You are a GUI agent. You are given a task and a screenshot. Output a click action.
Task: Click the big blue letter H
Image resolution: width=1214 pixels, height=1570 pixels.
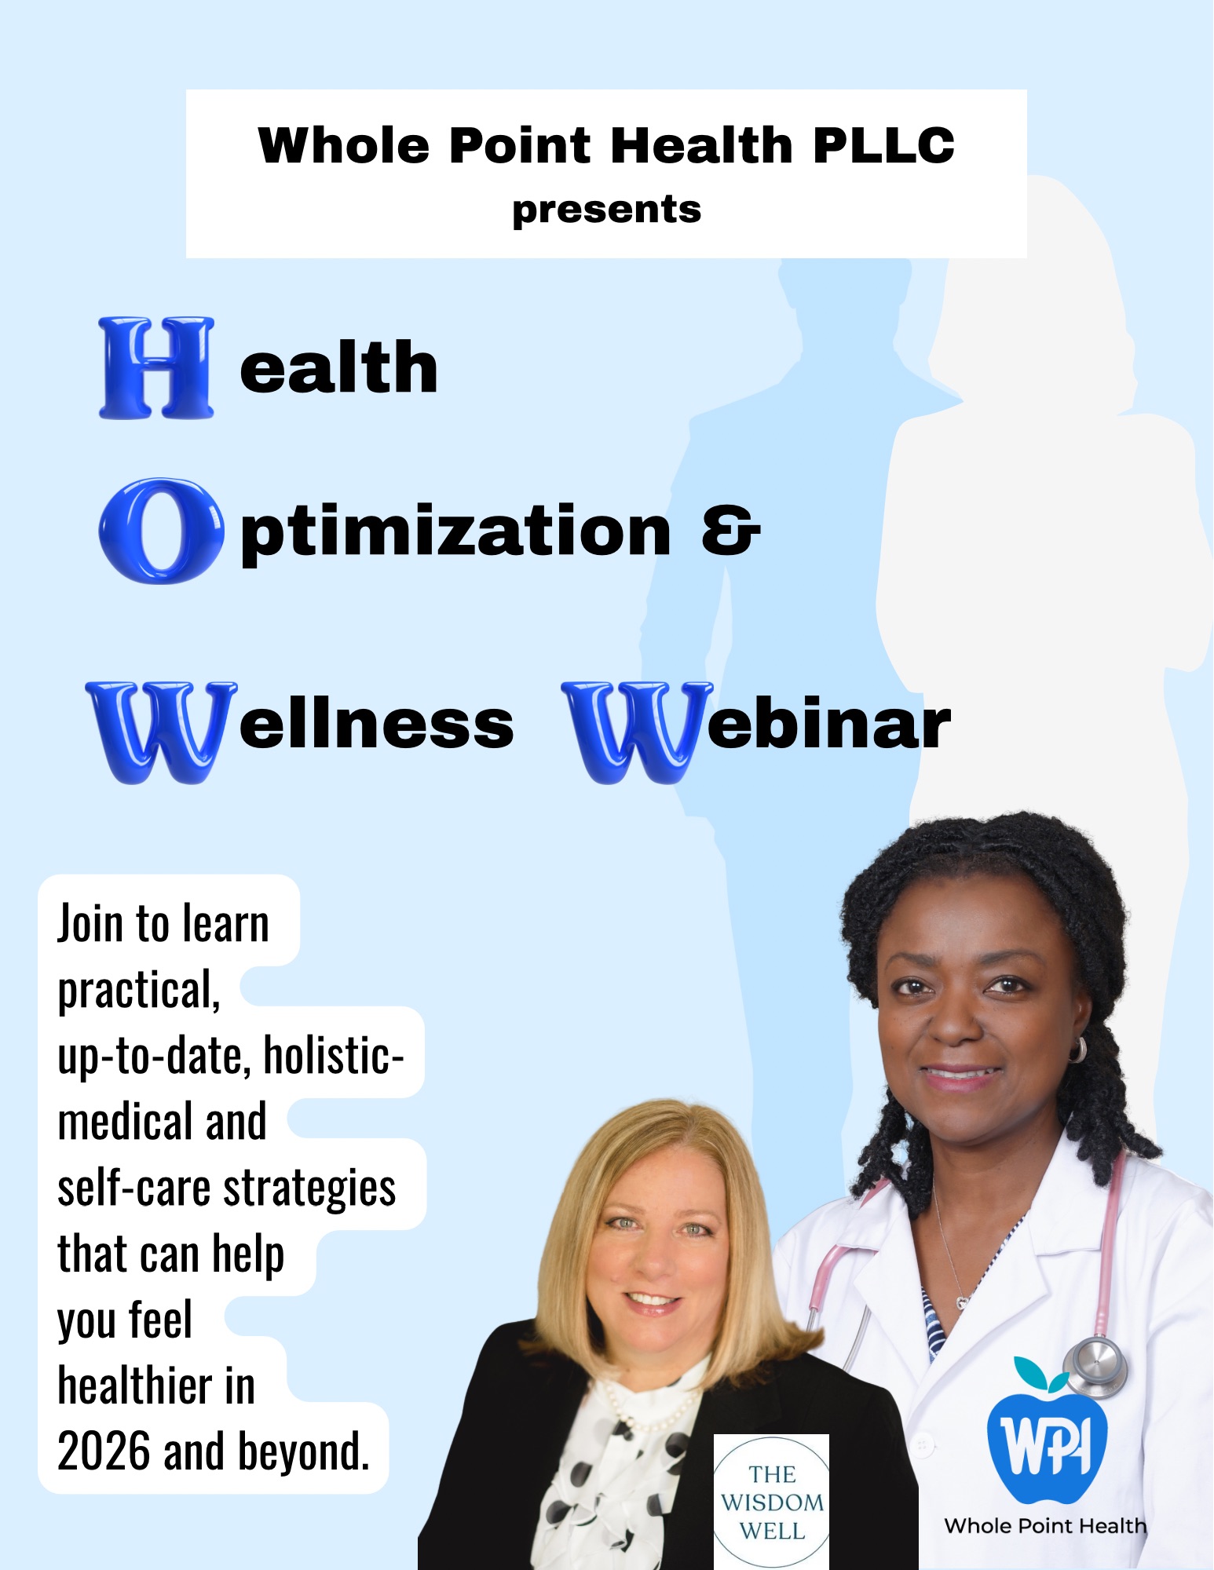[x=156, y=367]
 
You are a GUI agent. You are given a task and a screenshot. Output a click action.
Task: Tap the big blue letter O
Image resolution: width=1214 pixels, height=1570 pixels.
[x=161, y=531]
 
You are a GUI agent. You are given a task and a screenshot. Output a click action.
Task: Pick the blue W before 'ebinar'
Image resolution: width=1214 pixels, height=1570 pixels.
[x=637, y=732]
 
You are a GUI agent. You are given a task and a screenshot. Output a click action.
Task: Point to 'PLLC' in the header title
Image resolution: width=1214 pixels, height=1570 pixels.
[x=883, y=146]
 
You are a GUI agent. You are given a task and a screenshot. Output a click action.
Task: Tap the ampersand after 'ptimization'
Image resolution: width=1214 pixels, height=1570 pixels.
[x=730, y=531]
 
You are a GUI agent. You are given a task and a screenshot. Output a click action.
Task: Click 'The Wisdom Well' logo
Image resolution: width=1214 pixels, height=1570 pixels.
[x=772, y=1502]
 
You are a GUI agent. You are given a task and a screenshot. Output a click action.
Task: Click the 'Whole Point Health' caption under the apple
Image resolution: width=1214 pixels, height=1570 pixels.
[x=1045, y=1525]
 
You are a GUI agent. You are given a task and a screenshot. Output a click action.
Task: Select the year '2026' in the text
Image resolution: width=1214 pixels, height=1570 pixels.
[x=104, y=1451]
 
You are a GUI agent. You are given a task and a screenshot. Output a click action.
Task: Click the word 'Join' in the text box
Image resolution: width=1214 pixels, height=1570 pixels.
[x=90, y=924]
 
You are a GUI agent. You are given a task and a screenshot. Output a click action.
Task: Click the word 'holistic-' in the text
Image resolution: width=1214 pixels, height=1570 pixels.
[x=333, y=1056]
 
